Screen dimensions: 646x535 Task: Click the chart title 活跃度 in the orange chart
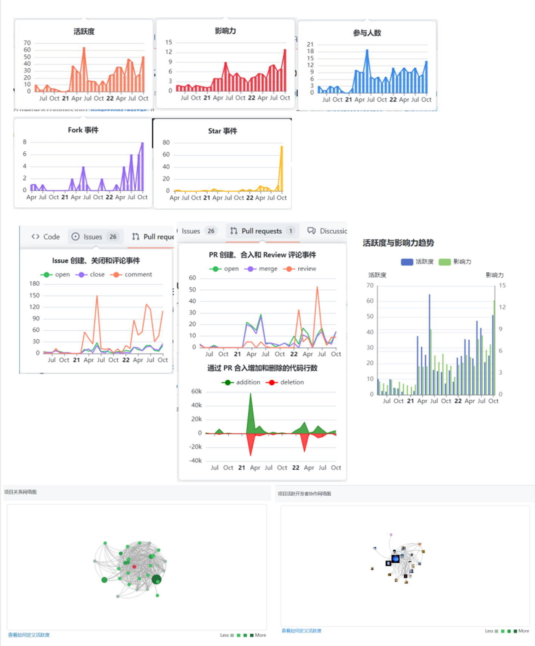coord(84,31)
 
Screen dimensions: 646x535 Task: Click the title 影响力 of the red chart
coord(225,31)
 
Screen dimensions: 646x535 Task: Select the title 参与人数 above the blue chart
coord(367,33)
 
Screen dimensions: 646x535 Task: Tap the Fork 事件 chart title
coord(83,130)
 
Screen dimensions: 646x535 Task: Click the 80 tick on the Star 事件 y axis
coord(166,142)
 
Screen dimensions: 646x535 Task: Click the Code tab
coord(46,236)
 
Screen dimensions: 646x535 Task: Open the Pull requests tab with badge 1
coord(262,231)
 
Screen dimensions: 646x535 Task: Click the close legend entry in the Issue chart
coord(91,275)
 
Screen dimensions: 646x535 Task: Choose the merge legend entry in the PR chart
coord(262,269)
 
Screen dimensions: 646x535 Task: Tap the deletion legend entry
coord(285,382)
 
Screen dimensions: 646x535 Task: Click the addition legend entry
coord(242,382)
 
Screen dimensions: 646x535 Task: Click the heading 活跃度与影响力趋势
coord(398,243)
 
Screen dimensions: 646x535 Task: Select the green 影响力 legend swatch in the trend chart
coord(445,262)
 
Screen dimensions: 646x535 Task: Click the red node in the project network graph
coord(134,566)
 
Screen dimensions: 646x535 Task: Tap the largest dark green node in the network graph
coord(156,579)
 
